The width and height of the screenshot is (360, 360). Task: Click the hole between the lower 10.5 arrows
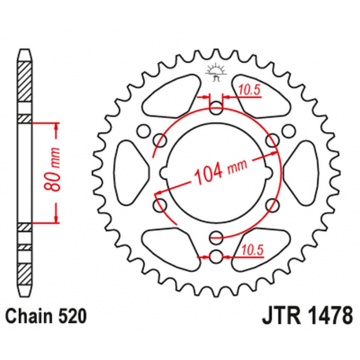coord(215,255)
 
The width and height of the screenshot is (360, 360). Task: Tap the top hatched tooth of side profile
coord(25,79)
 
